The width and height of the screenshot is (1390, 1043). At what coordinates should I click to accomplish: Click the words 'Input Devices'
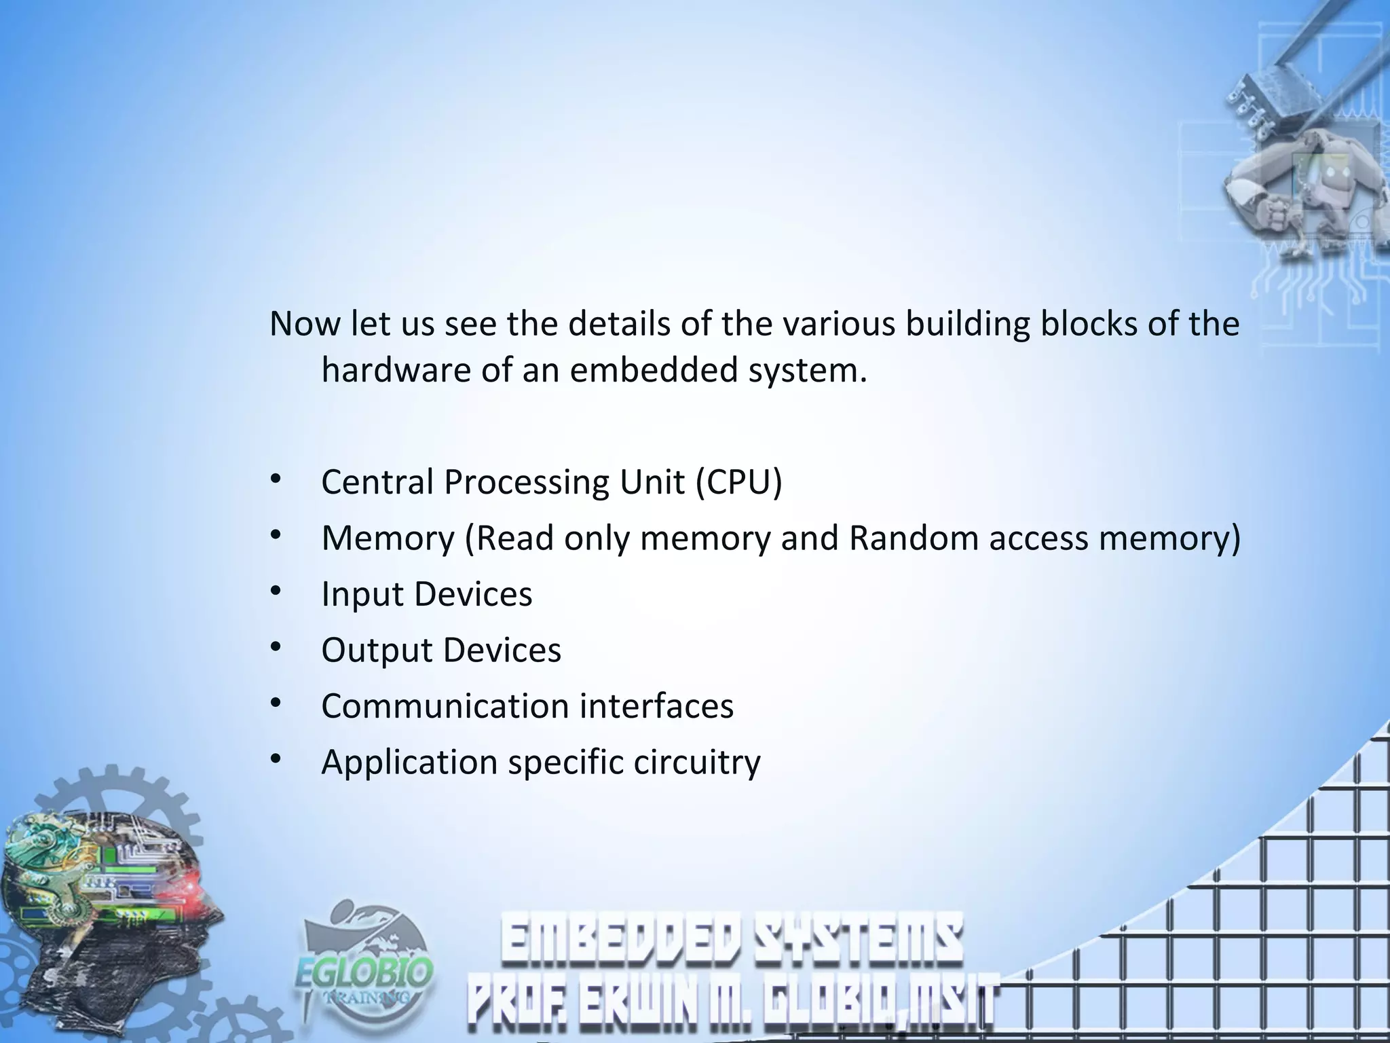[426, 594]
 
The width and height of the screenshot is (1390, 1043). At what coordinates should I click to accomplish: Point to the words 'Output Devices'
[441, 650]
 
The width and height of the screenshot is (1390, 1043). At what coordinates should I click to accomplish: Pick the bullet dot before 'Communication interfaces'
[275, 703]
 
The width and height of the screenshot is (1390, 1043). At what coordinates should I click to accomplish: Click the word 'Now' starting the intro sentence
[303, 324]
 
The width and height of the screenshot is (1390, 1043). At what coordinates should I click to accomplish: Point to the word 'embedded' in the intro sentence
[653, 371]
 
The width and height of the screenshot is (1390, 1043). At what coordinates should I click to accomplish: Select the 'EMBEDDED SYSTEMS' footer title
[732, 940]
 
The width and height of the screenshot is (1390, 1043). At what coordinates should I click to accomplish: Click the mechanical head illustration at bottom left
[109, 910]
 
